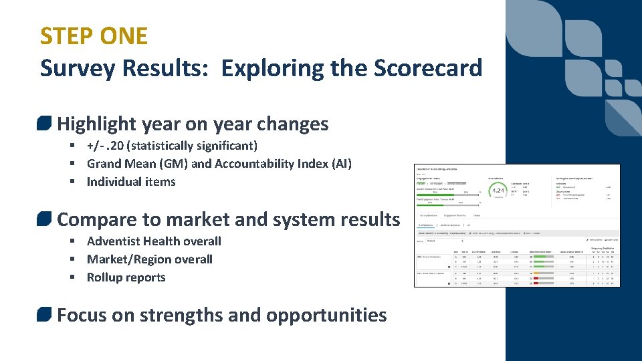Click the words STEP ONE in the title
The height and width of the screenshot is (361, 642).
(x=94, y=35)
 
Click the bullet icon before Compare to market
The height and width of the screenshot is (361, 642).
(x=45, y=219)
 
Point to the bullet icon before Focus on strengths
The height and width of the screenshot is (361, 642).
(x=45, y=315)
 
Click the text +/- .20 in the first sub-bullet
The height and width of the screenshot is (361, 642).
(x=107, y=146)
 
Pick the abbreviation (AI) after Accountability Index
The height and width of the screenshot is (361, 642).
(x=339, y=164)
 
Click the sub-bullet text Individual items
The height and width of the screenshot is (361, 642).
(x=131, y=182)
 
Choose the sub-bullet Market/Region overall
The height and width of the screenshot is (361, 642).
(x=149, y=259)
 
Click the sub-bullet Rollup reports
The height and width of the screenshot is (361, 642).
(x=126, y=277)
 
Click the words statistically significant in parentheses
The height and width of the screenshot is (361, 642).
(x=194, y=146)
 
